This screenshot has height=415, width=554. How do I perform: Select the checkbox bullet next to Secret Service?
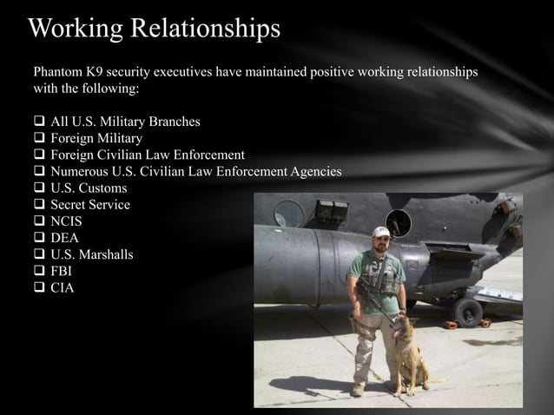(x=39, y=205)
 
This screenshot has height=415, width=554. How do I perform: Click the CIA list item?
(x=63, y=287)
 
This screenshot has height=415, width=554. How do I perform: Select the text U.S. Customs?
(x=89, y=188)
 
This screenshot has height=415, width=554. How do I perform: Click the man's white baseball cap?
(x=380, y=232)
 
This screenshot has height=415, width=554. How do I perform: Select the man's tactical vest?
(x=379, y=275)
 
